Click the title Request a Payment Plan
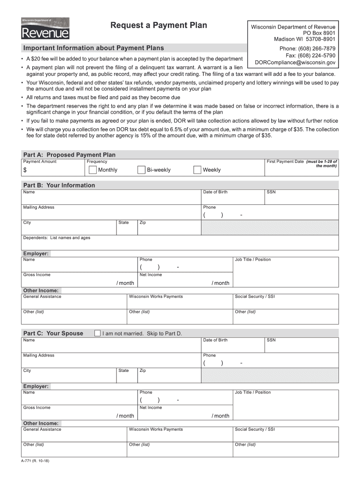[158, 25]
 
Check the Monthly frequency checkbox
[93, 170]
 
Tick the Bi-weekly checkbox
[142, 170]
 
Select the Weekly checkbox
[197, 170]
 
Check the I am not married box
[97, 334]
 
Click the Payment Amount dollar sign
[25, 170]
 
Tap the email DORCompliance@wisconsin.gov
[295, 62]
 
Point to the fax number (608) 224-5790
[310, 55]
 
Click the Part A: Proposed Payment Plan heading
[69, 155]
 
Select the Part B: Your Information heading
[59, 185]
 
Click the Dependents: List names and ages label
[57, 238]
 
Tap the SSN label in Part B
[271, 192]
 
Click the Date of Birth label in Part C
[215, 340]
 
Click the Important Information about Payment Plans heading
[94, 48]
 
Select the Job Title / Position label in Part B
[252, 260]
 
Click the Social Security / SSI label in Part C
[255, 429]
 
